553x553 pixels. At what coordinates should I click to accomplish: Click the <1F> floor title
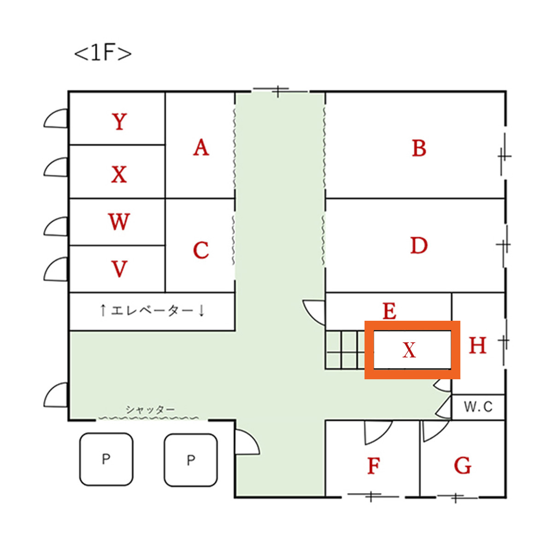click(103, 53)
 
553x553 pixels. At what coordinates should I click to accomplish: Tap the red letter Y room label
click(119, 122)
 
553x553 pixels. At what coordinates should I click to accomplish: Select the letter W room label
click(119, 222)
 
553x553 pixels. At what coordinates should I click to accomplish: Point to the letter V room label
click(119, 269)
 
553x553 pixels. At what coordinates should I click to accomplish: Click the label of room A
click(201, 147)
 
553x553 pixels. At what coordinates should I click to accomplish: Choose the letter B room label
click(418, 148)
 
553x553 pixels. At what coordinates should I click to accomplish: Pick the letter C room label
click(201, 250)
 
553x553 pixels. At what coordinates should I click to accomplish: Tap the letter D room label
click(418, 245)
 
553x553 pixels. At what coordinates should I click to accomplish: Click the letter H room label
click(477, 345)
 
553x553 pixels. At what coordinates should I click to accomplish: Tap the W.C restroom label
click(478, 407)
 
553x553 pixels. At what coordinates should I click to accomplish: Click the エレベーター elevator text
click(152, 311)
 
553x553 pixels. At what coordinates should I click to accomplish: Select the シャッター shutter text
click(150, 409)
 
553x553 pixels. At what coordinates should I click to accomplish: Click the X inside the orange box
click(409, 350)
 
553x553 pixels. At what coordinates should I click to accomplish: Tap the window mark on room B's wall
click(504, 156)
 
